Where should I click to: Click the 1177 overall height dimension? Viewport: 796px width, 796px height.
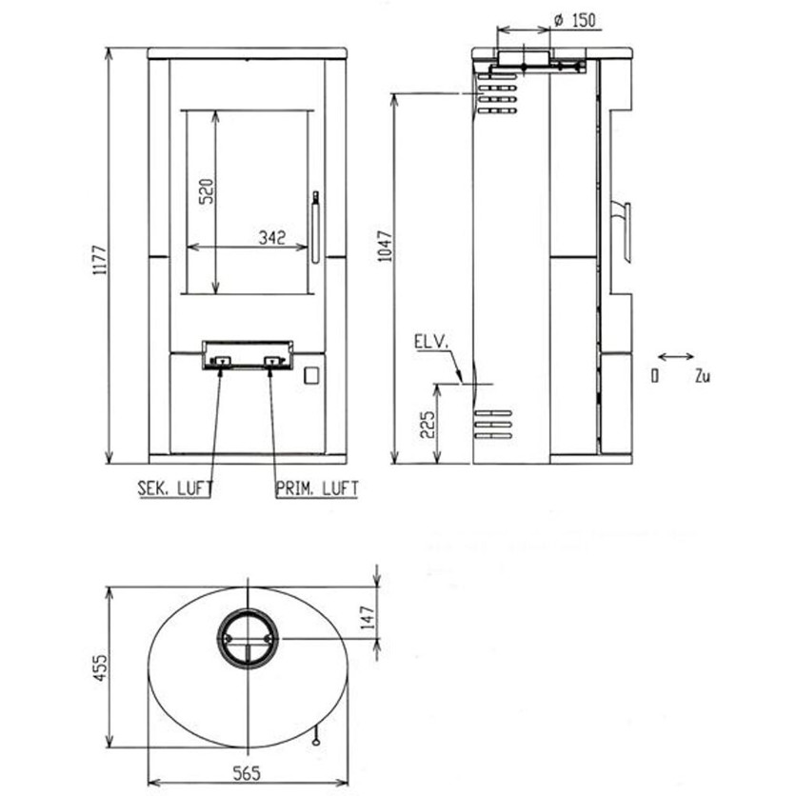coord(99,260)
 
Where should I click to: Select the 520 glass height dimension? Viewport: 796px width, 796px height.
coord(207,190)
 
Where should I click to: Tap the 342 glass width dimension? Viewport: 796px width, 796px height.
coord(272,237)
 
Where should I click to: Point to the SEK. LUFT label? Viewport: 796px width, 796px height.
coord(175,488)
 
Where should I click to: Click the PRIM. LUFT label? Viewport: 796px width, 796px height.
coord(317,488)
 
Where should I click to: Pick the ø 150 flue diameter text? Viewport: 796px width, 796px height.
coord(575,21)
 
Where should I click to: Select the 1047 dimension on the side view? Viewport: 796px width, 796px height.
coord(386,247)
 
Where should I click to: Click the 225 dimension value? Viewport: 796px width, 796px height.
coord(428,425)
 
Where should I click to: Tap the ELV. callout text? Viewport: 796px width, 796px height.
coord(431,342)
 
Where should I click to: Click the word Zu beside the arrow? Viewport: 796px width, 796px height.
coord(703,376)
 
